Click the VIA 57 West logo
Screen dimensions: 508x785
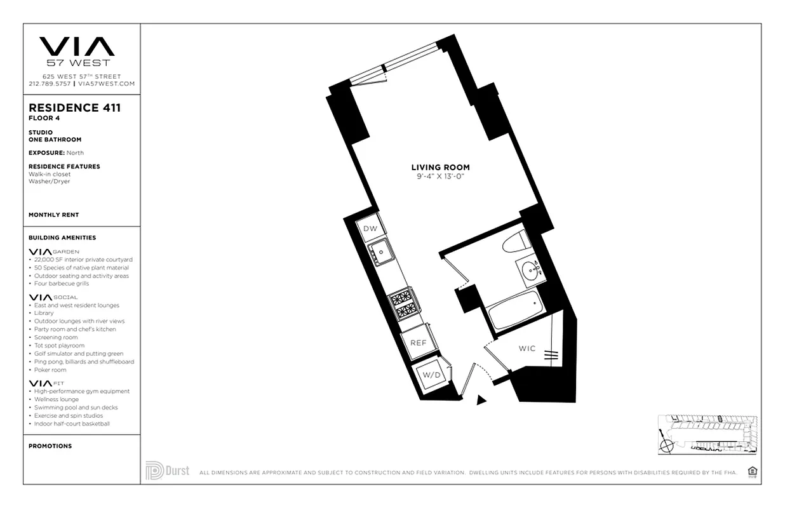(77, 51)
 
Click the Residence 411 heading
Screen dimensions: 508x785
(74, 108)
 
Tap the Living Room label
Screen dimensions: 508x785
(440, 168)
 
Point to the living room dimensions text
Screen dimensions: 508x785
(441, 177)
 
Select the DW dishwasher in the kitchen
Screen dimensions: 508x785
(370, 229)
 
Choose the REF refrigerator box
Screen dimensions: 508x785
(418, 342)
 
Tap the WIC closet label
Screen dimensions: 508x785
(527, 349)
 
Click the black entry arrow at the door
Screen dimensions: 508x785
(481, 399)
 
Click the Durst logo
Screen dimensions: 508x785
(167, 471)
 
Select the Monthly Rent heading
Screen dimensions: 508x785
(54, 215)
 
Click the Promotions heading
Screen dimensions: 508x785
(50, 446)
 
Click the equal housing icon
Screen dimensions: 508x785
(753, 471)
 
